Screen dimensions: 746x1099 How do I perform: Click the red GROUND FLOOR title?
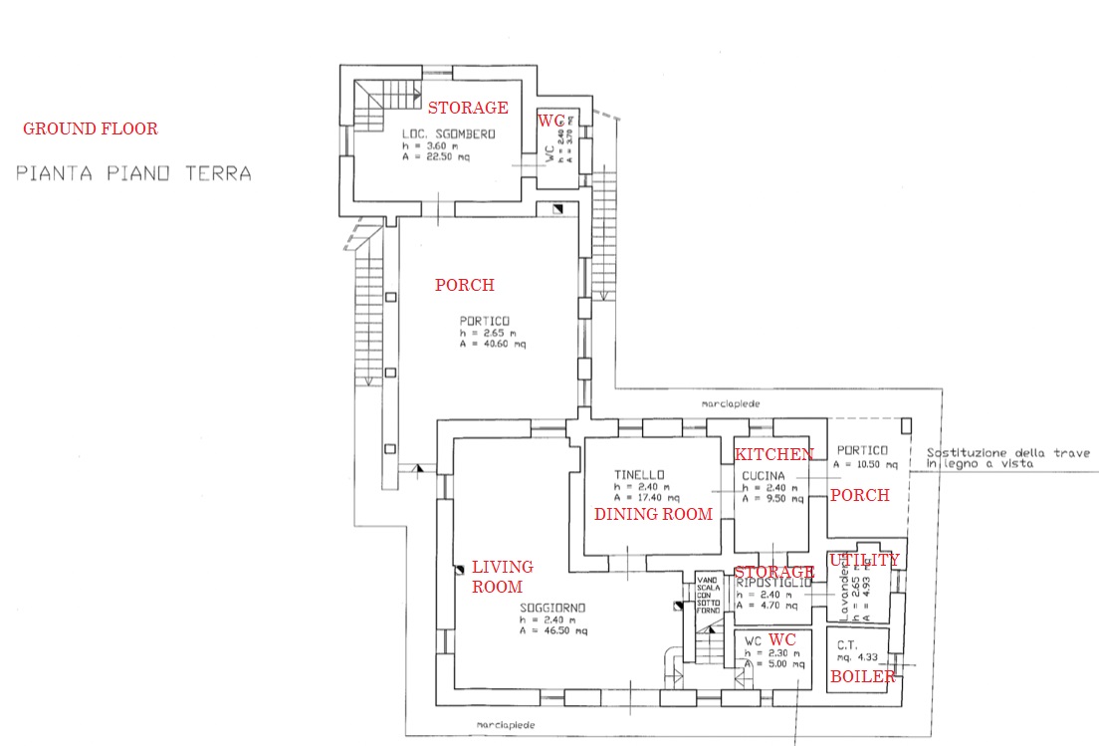click(90, 128)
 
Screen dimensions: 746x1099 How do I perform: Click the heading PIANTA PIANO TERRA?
click(133, 173)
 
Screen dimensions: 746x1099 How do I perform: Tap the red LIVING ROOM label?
click(502, 577)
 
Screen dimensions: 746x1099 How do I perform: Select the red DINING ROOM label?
click(653, 514)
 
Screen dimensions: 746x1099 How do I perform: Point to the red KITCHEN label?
click(773, 454)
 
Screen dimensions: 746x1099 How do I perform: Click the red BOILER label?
click(863, 677)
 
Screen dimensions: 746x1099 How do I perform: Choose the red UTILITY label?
click(864, 560)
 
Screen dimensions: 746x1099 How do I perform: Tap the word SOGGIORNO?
click(552, 608)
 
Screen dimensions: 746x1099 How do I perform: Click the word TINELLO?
click(638, 474)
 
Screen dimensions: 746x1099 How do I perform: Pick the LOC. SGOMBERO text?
click(448, 133)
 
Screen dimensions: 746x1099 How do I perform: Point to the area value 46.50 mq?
click(557, 630)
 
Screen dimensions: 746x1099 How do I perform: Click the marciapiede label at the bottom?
click(506, 725)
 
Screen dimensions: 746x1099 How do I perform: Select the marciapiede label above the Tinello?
click(731, 405)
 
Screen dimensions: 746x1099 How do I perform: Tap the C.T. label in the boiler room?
click(847, 644)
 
